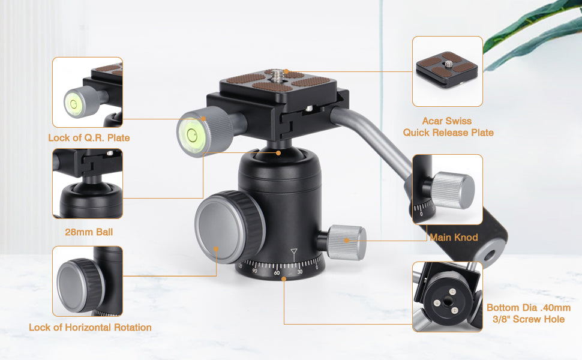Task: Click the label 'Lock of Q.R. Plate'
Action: pyautogui.click(x=89, y=137)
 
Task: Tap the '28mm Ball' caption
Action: pyautogui.click(x=89, y=232)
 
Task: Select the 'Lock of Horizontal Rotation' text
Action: pyautogui.click(x=90, y=328)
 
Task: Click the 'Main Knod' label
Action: pyautogui.click(x=454, y=237)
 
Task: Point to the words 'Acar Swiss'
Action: pyautogui.click(x=447, y=121)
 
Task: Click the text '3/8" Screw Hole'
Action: pyautogui.click(x=529, y=319)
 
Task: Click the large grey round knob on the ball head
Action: pyautogui.click(x=226, y=227)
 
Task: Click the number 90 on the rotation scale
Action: pyautogui.click(x=254, y=271)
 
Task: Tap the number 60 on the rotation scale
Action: pyautogui.click(x=277, y=273)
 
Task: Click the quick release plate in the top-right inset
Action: pyautogui.click(x=447, y=69)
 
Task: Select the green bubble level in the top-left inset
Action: pyautogui.click(x=73, y=103)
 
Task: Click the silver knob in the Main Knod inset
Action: pyautogui.click(x=454, y=190)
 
